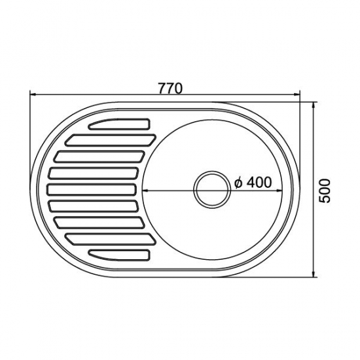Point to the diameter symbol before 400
click(x=240, y=183)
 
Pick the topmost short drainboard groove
click(x=121, y=123)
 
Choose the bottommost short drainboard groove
click(x=121, y=253)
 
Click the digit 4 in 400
click(x=251, y=183)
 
